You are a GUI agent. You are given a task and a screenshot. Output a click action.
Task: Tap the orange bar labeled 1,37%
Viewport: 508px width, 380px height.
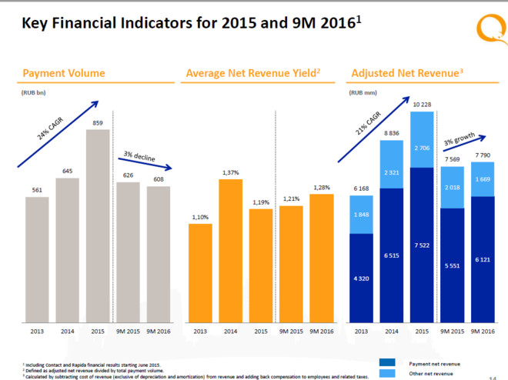tap(230, 250)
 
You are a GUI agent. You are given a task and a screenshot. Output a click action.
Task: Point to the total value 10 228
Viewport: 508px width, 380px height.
tap(423, 105)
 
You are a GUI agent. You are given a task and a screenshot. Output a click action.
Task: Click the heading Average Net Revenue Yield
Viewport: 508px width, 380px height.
tap(250, 74)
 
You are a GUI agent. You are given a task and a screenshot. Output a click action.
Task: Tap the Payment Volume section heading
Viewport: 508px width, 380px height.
tap(64, 74)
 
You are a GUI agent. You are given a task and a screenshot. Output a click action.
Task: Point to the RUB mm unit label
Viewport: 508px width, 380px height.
tap(364, 93)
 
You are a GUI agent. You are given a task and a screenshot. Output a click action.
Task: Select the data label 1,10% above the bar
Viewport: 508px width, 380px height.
tap(200, 218)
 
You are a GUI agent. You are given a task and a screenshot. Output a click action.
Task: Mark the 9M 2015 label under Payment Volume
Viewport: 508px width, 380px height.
tap(129, 332)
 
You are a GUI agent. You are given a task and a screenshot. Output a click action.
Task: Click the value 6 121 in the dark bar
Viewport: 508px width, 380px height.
tap(482, 260)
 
